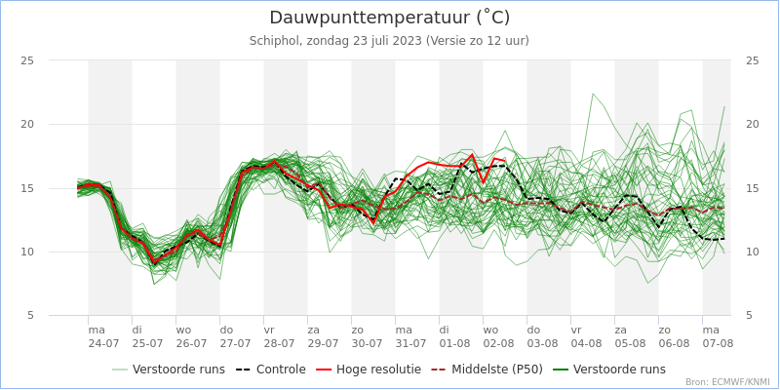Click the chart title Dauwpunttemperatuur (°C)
tap(389, 18)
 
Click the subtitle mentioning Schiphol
tap(389, 41)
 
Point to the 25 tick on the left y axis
tap(27, 60)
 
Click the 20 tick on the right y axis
tap(752, 124)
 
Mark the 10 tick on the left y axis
tap(27, 252)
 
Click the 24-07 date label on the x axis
tap(103, 343)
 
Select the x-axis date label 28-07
tap(279, 343)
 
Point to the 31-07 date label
tap(410, 343)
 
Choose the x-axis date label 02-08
tap(498, 343)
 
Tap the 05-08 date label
tap(630, 343)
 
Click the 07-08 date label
tap(718, 343)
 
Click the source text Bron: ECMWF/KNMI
tap(726, 382)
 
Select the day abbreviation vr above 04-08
tap(576, 330)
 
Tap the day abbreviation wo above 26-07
tap(182, 330)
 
